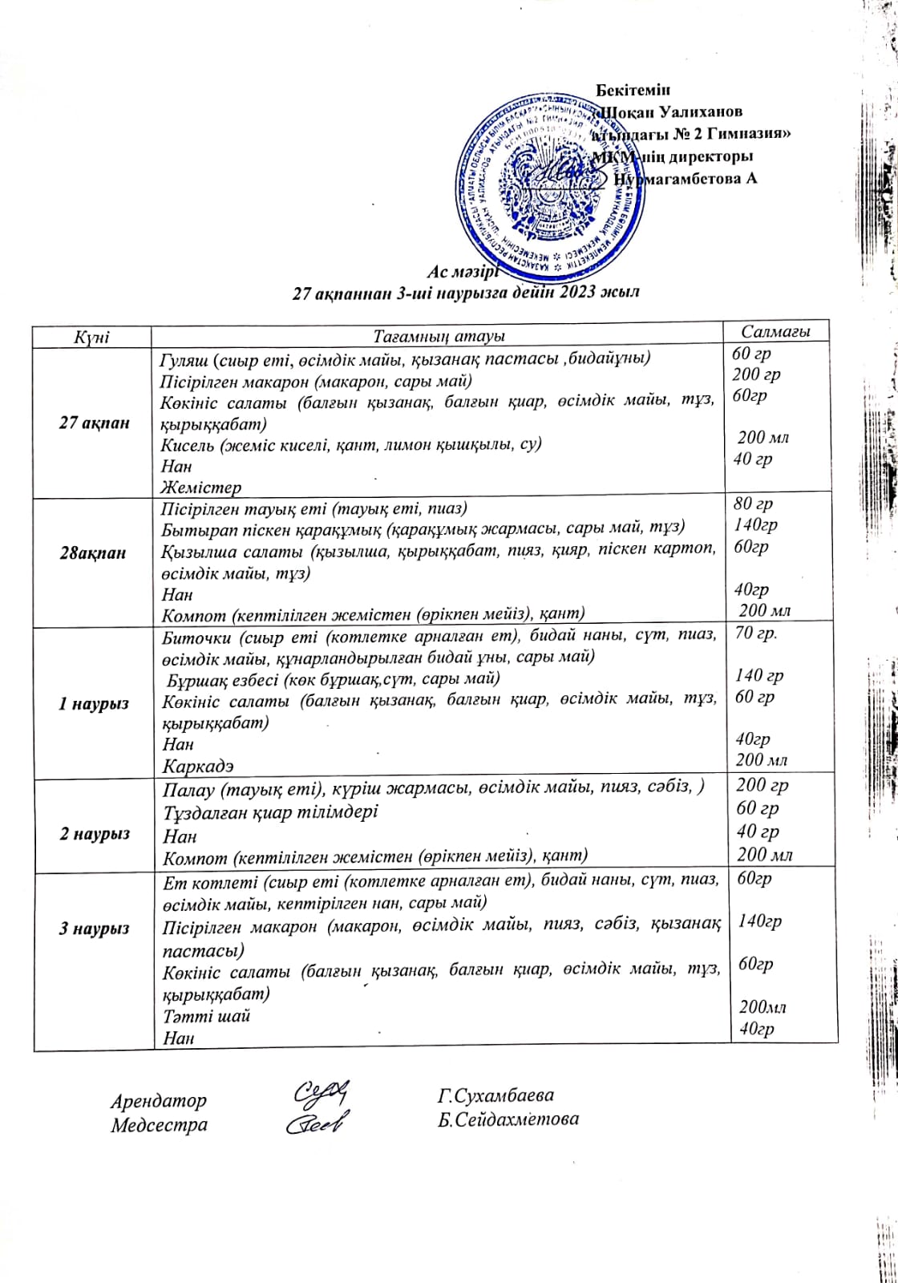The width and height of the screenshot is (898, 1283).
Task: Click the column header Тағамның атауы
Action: click(x=439, y=337)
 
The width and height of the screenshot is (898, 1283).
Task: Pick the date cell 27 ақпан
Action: click(x=94, y=423)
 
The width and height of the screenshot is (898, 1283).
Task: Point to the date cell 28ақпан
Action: click(x=93, y=552)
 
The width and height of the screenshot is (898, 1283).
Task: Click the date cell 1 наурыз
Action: click(x=94, y=704)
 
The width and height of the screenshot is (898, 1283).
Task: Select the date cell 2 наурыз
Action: click(x=94, y=834)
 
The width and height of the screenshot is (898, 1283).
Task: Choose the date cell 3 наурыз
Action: click(x=94, y=929)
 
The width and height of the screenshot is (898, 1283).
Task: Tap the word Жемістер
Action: click(x=200, y=487)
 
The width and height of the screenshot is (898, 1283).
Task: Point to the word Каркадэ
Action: click(x=198, y=767)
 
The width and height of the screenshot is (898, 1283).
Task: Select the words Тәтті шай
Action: click(x=207, y=1016)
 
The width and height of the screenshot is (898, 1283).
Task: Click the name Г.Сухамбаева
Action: click(x=496, y=1095)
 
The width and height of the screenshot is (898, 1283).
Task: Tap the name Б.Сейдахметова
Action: click(x=508, y=1119)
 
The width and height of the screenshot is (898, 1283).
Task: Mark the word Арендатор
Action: click(x=159, y=1101)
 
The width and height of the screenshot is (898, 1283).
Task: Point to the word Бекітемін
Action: click(x=633, y=90)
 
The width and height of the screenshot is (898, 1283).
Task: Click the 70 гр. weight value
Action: click(x=756, y=633)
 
